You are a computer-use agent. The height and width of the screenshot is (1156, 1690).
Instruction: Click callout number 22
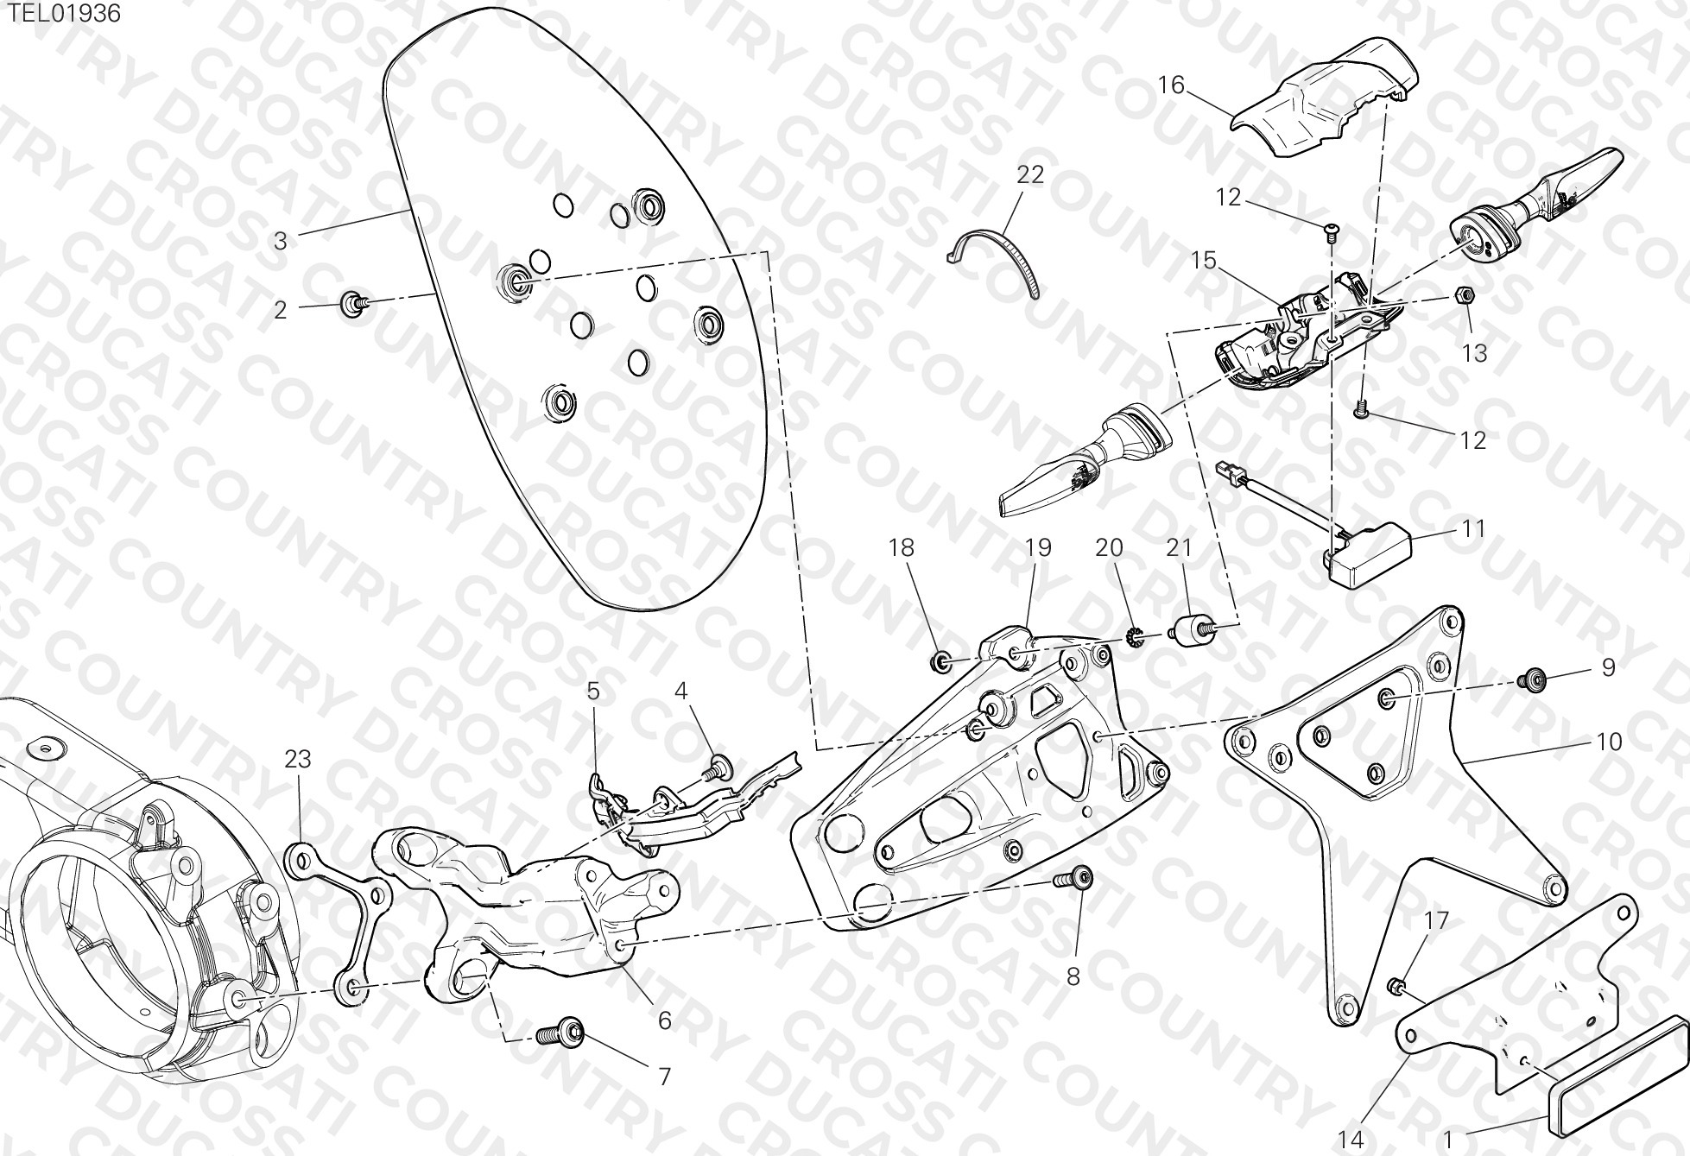(x=1030, y=174)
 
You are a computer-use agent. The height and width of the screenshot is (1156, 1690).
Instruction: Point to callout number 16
(x=1172, y=85)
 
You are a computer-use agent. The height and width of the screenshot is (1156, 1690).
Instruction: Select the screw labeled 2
(x=355, y=303)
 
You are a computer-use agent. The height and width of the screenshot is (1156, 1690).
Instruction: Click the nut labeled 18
(x=940, y=663)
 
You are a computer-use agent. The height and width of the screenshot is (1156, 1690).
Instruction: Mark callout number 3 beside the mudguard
(x=280, y=241)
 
